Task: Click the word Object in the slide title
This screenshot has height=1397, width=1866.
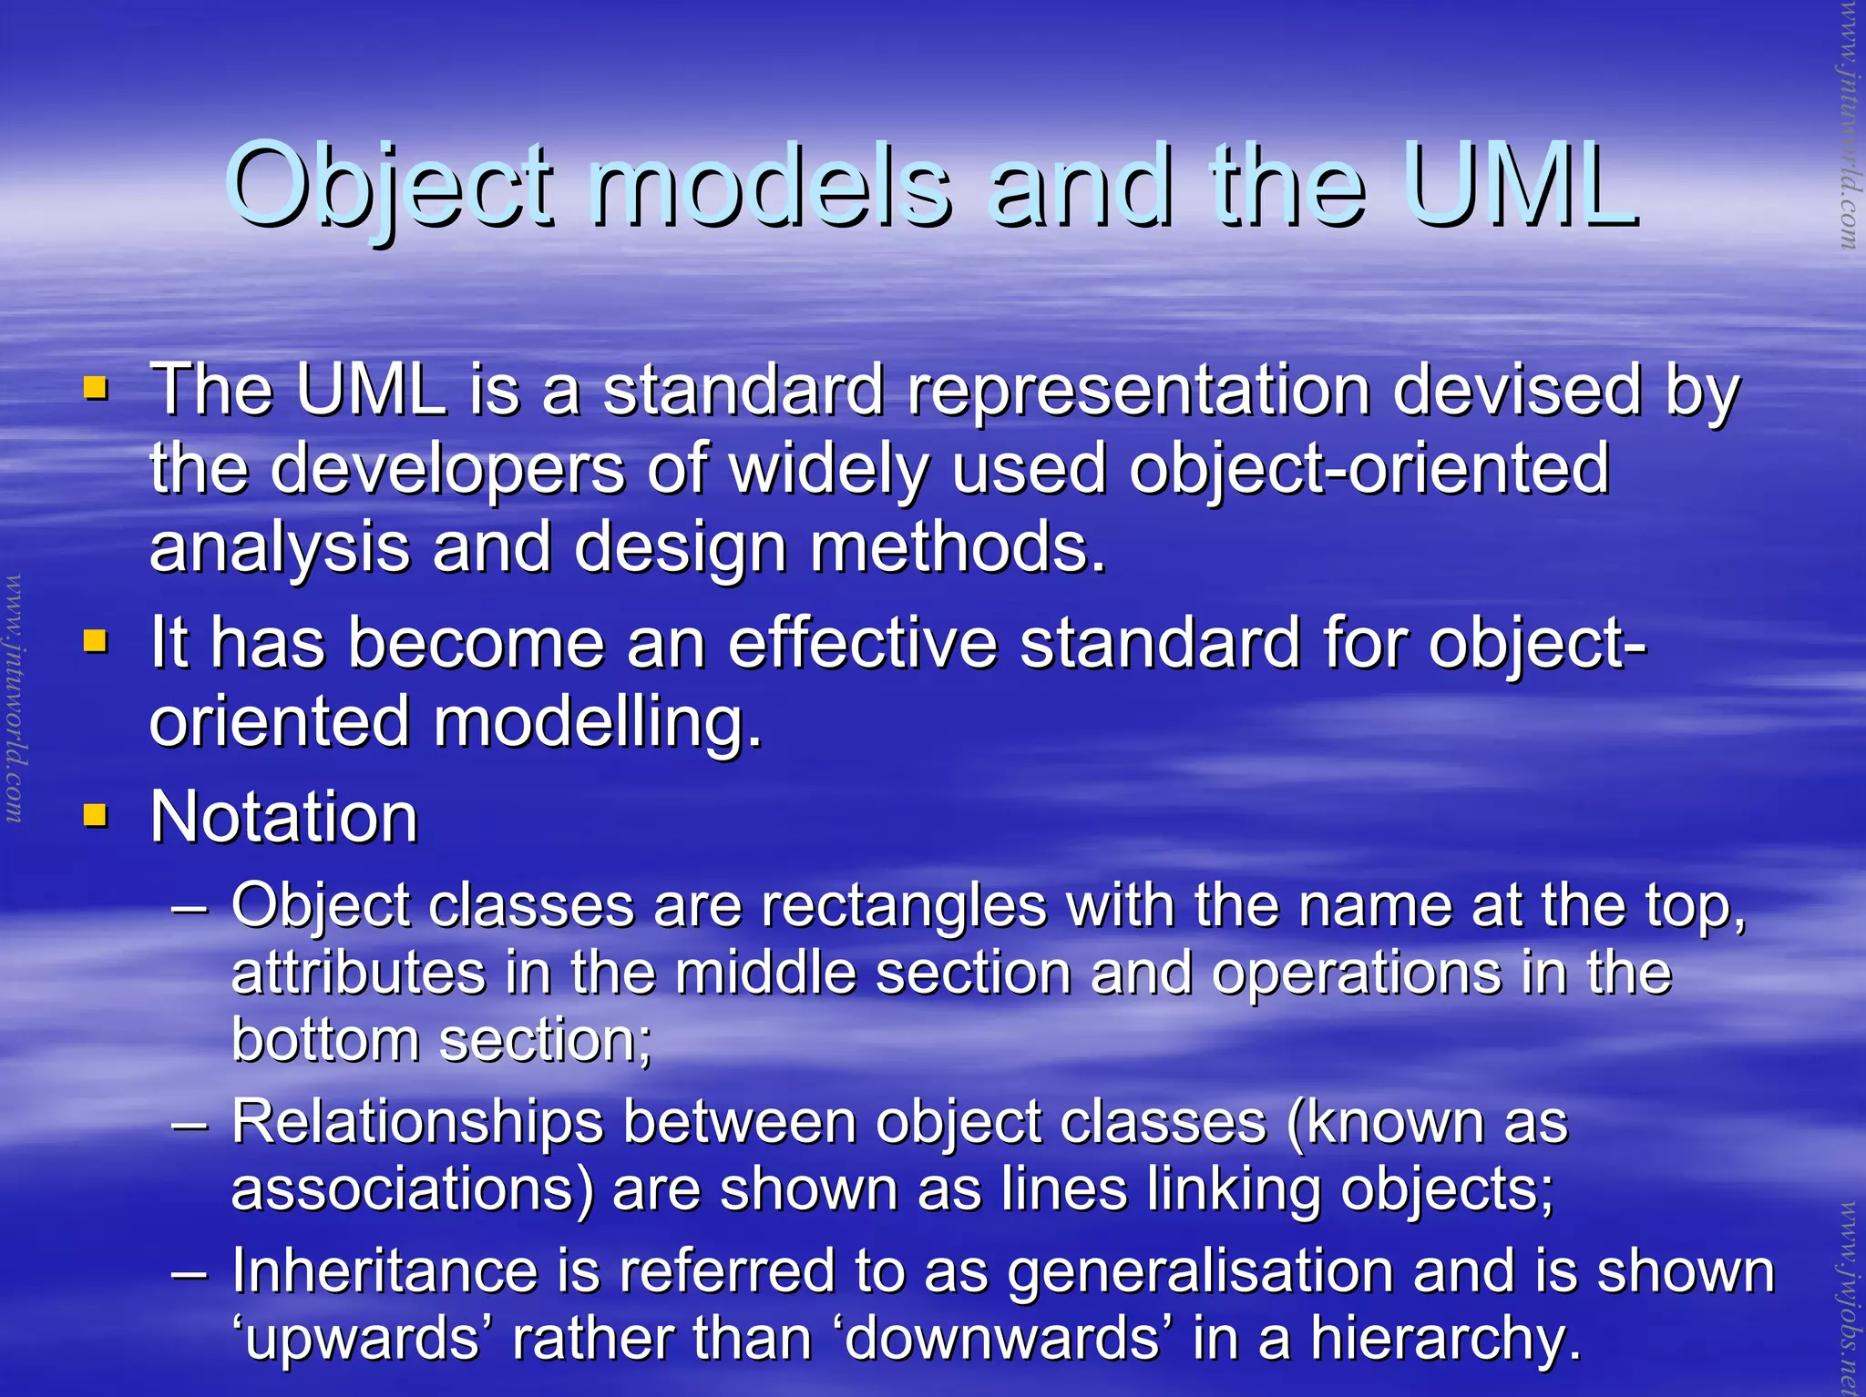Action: point(389,187)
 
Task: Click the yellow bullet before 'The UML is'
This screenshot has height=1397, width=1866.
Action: point(95,390)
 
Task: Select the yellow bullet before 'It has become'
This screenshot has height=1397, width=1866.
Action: point(95,642)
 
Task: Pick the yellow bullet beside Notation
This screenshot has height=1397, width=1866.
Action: point(95,814)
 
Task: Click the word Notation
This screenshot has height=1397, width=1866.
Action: point(283,817)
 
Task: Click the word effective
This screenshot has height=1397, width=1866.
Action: point(862,644)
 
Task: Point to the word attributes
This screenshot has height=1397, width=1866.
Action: point(358,974)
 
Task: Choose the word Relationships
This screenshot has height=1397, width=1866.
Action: point(416,1122)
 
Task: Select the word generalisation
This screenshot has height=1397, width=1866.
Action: point(1201,1273)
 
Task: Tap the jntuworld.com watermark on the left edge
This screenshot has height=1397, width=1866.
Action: point(14,698)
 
